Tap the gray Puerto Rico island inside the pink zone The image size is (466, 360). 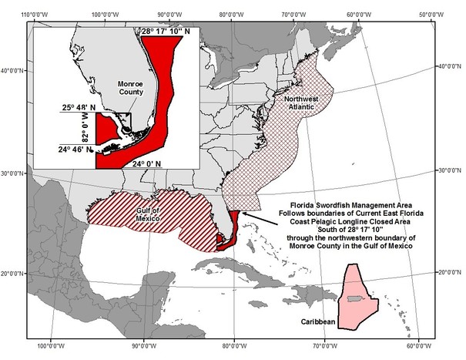point(353,298)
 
